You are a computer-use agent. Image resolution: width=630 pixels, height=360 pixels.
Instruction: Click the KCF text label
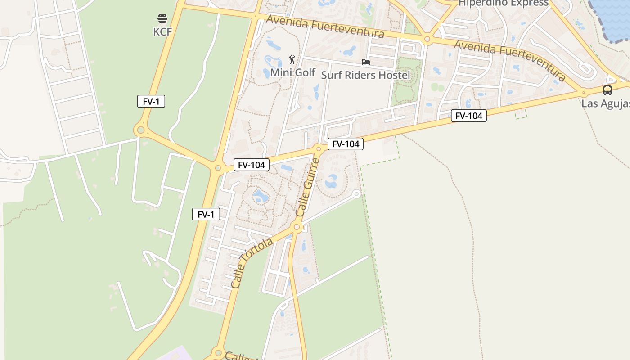pos(162,31)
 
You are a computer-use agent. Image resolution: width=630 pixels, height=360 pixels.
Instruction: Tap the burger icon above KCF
pos(162,18)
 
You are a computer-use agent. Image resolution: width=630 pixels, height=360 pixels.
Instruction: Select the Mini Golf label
pos(293,72)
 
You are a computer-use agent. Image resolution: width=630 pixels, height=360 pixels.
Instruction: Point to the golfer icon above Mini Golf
pos(292,59)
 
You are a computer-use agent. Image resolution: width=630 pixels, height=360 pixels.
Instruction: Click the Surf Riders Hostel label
pos(365,75)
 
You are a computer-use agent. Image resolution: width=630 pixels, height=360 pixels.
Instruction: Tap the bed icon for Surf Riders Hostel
pos(366,62)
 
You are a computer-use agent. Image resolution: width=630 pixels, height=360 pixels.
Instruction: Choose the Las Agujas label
pos(605,104)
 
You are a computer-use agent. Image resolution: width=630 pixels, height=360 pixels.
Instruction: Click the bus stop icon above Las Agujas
pos(607,90)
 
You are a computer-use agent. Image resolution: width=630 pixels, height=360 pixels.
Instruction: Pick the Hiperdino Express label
pos(503,3)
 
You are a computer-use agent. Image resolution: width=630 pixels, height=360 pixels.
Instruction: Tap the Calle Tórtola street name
pos(252,263)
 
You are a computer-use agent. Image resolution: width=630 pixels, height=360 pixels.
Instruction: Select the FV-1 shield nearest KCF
pos(151,101)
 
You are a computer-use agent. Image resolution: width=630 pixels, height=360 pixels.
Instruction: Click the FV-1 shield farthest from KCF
pos(206,214)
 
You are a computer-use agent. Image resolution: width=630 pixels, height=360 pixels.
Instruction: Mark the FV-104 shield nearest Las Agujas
pos(469,116)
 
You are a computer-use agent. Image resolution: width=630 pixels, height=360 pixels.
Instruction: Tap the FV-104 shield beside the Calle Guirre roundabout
pos(346,144)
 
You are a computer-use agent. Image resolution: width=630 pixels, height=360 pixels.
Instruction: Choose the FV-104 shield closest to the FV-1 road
pos(252,165)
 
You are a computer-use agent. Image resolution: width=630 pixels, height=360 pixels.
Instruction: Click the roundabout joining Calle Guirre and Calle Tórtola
pos(297,227)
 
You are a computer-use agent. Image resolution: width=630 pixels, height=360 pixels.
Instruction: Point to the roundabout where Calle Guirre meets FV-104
pos(319,148)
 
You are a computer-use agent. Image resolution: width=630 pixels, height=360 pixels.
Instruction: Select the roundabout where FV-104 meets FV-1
pos(218,168)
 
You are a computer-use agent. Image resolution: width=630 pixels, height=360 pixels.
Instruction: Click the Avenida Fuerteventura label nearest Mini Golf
pos(325,27)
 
